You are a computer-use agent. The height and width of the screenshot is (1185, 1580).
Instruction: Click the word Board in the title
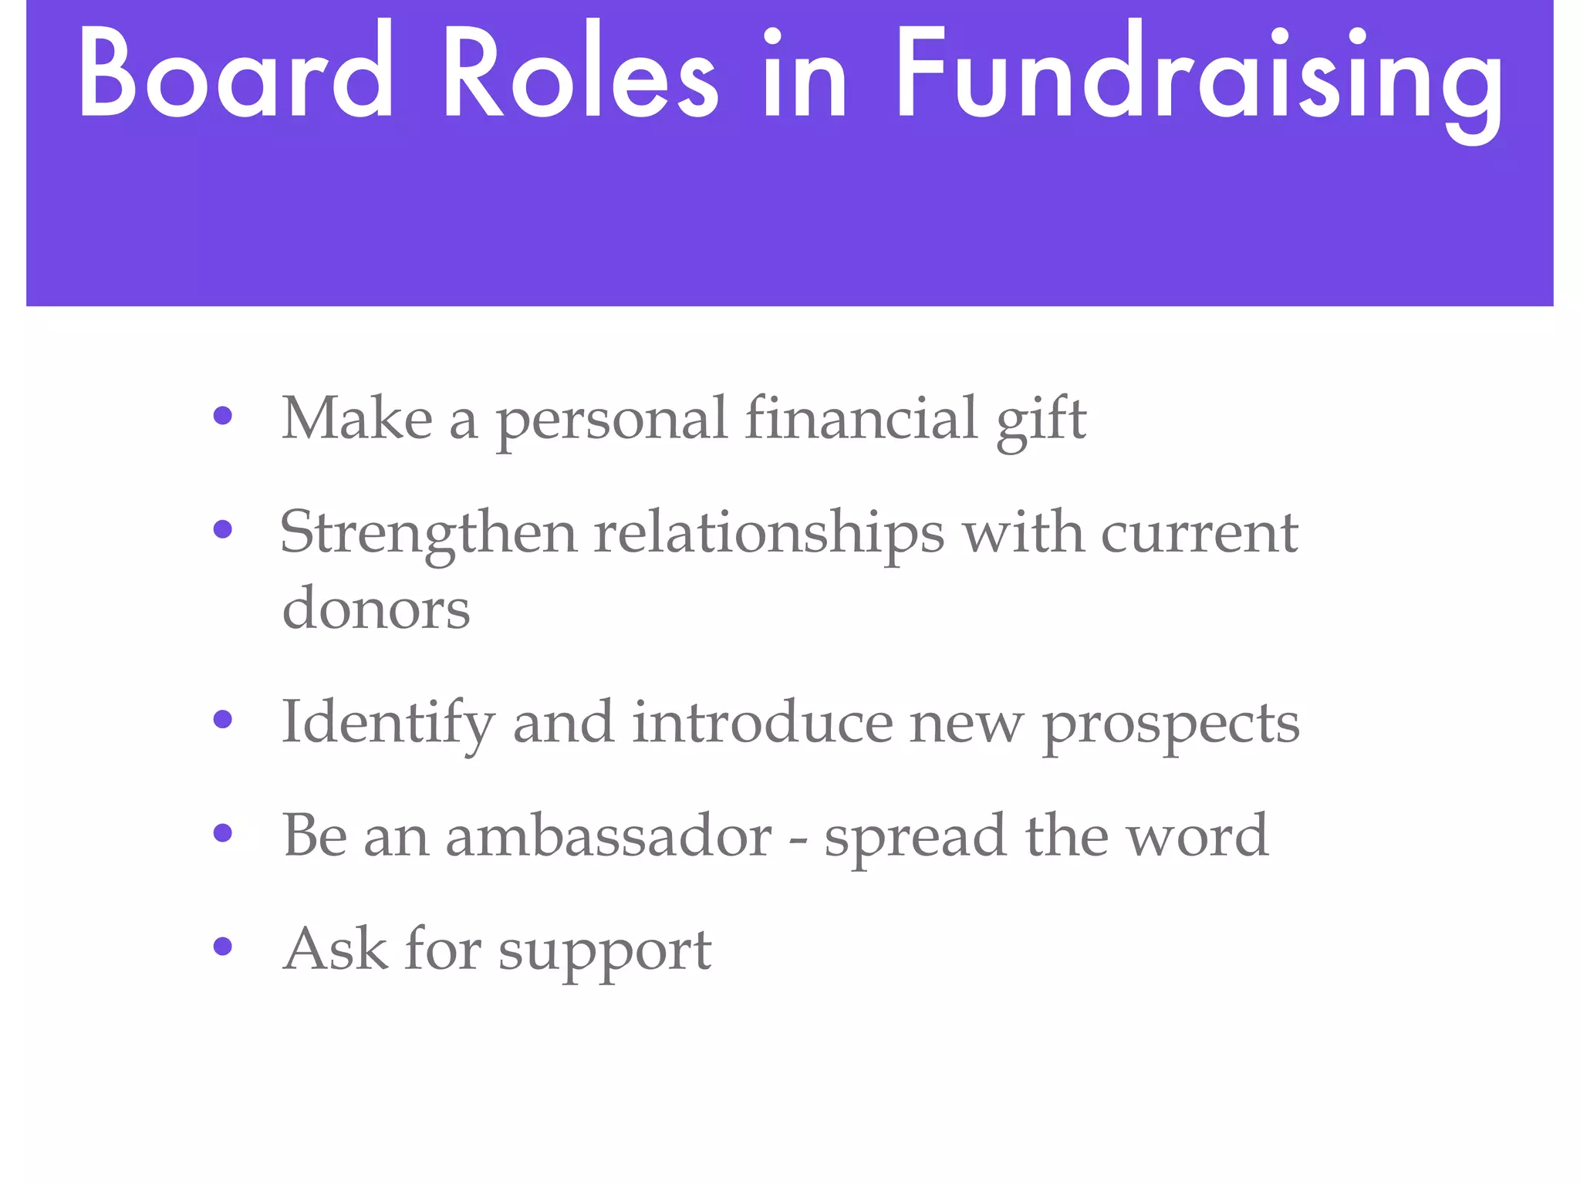(235, 73)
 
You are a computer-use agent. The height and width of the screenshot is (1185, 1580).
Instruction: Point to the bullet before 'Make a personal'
(223, 417)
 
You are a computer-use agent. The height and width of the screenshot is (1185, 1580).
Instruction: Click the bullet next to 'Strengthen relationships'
(223, 529)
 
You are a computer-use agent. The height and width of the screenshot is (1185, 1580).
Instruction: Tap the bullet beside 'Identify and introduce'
(223, 720)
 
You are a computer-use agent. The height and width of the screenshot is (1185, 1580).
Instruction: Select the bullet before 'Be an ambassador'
(223, 833)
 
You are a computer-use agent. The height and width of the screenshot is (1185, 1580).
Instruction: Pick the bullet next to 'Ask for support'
(223, 947)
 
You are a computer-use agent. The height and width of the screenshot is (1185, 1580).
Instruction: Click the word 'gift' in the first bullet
(1042, 420)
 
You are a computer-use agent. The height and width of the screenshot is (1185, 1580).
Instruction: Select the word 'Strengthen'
(428, 534)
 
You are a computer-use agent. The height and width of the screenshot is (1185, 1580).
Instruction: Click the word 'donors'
(376, 608)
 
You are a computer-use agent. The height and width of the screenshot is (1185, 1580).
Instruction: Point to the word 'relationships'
(768, 534)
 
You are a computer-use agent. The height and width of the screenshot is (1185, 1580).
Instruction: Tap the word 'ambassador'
(609, 836)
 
